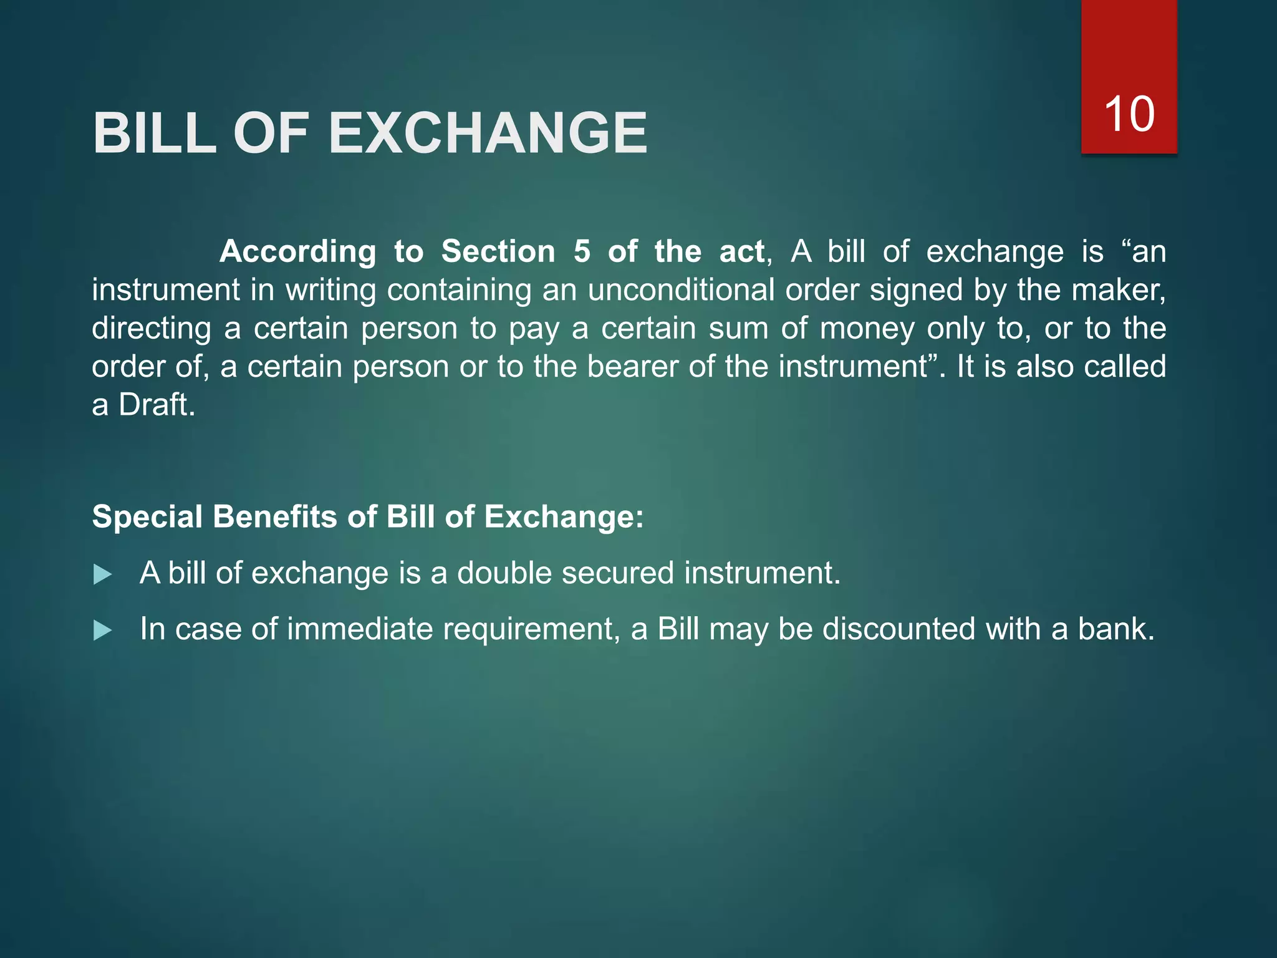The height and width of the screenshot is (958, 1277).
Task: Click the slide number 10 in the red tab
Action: [1129, 114]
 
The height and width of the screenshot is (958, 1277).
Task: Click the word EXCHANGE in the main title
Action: [488, 133]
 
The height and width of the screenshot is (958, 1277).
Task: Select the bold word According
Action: [297, 252]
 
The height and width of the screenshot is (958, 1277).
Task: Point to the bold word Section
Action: [498, 252]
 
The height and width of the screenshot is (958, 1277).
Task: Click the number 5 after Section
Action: [582, 252]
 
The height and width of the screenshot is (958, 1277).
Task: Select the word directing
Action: [152, 329]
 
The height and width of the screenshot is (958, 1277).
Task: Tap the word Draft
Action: [157, 405]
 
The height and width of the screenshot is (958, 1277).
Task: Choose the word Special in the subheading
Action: [147, 518]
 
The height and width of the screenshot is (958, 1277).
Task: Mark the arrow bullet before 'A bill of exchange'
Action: [102, 574]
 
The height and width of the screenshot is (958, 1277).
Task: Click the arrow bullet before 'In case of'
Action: [102, 631]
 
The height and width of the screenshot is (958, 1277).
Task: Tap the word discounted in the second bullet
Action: [899, 629]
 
